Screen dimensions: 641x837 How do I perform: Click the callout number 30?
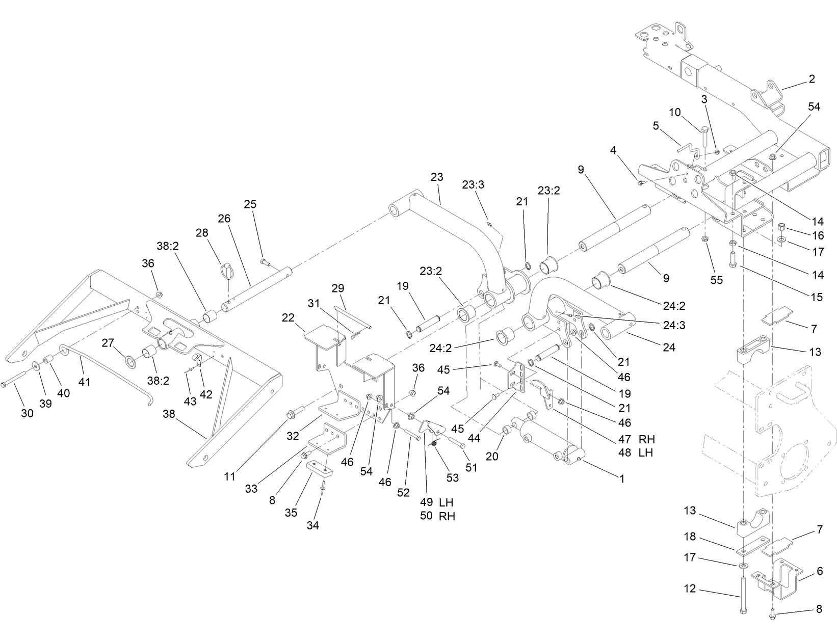27,413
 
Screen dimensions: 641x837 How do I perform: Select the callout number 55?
717,280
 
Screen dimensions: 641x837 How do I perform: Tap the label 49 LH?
436,503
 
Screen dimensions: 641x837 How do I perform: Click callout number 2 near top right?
812,79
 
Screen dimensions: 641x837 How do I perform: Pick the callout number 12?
690,589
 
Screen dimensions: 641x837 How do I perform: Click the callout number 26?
224,219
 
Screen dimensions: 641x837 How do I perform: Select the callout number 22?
288,317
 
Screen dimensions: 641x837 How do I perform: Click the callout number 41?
84,381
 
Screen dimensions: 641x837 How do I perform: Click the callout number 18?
690,537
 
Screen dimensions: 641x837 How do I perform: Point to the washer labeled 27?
130,362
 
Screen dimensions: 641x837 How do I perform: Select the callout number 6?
820,571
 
